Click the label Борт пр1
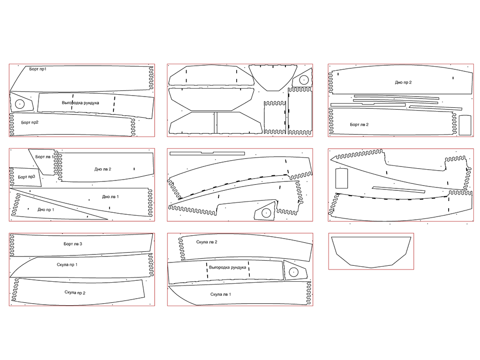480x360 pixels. point(37,69)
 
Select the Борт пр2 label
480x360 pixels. point(30,122)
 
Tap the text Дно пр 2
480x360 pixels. point(403,82)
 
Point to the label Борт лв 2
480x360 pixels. point(359,125)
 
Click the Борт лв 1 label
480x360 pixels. point(45,157)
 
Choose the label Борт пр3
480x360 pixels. point(26,177)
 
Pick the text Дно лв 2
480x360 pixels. point(103,169)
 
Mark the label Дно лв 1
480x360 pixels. point(110,197)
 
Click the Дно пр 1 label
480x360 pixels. point(45,210)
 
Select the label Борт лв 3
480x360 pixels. point(73,244)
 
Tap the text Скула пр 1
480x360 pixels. point(67,265)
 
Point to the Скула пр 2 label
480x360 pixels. point(75,292)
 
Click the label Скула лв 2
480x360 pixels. point(207,242)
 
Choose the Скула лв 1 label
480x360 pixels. point(220,294)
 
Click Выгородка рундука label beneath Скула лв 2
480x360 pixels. point(227,268)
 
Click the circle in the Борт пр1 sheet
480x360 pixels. point(20,104)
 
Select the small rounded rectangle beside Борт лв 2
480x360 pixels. point(465,125)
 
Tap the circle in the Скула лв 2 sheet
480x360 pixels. point(293,272)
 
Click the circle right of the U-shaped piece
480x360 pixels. point(303,80)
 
